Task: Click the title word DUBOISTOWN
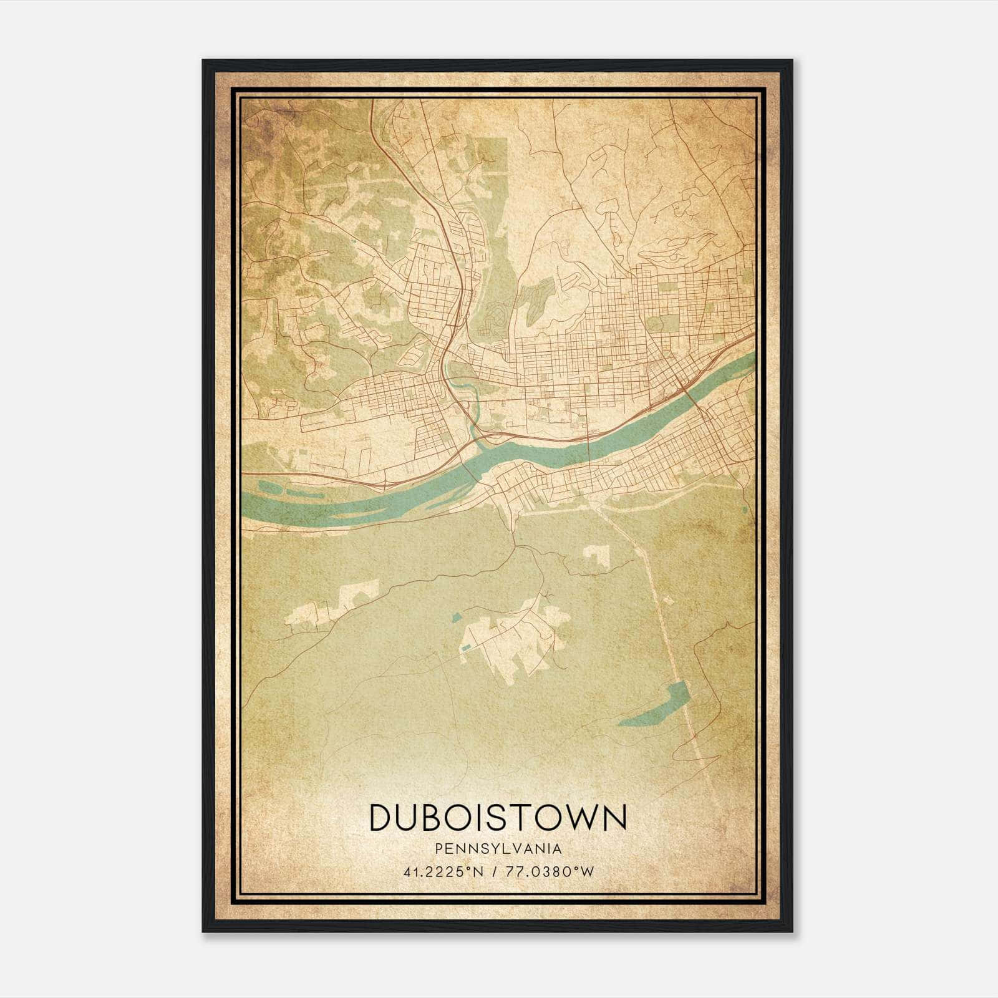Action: pos(498,817)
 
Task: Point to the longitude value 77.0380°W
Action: pos(550,872)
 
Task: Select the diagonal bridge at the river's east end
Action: pos(692,399)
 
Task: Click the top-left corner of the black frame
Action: pos(203,61)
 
